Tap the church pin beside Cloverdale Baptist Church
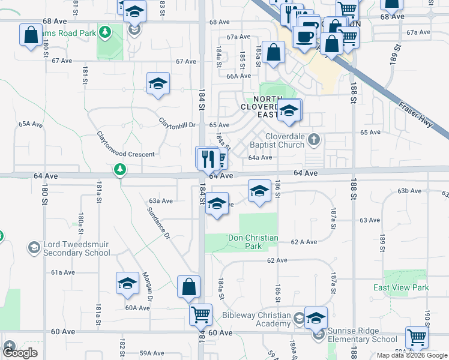tap(314, 140)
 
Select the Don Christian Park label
tap(253, 242)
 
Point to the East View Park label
tap(401, 287)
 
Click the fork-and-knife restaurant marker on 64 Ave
tap(207, 159)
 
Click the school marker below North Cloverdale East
tap(289, 111)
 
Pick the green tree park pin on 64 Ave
tap(121, 170)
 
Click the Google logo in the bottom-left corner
tap(20, 353)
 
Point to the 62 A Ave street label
tap(303, 242)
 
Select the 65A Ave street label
tap(31, 124)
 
